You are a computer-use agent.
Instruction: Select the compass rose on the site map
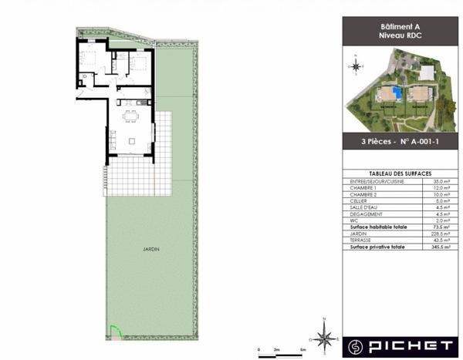tap(356, 66)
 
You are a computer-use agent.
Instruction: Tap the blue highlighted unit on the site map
tap(397, 93)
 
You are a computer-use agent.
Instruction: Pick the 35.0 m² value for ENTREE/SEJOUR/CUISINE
tap(441, 181)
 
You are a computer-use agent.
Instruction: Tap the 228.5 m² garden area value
tap(440, 234)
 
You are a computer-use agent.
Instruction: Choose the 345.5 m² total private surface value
tap(440, 247)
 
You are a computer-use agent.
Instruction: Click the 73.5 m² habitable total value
tap(441, 228)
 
